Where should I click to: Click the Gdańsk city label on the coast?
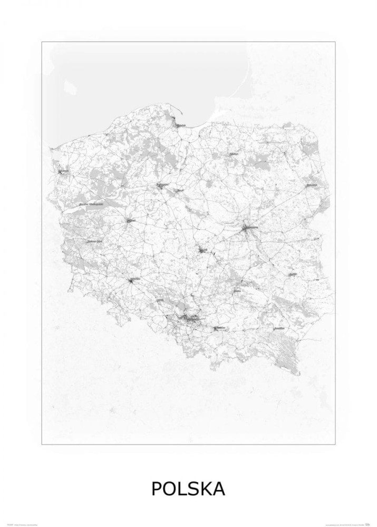click(x=181, y=125)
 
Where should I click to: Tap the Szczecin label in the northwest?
click(x=64, y=171)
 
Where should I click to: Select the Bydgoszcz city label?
click(x=162, y=185)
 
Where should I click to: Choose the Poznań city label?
click(x=131, y=220)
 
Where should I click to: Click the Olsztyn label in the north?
click(x=234, y=154)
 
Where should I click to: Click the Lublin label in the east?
click(x=294, y=274)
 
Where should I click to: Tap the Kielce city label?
click(x=238, y=290)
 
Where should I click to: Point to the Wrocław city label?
click(x=134, y=279)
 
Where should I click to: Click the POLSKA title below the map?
click(x=188, y=489)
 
